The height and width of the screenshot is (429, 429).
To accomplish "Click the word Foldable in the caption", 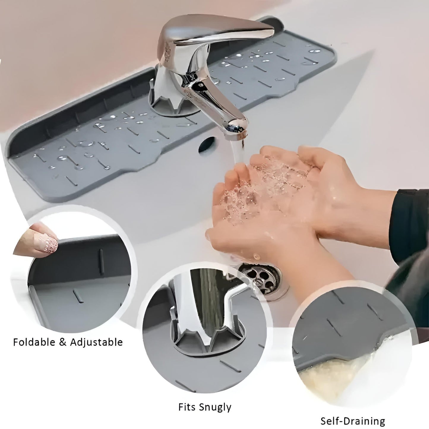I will [x=34, y=342].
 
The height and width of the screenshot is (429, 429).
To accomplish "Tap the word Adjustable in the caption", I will [x=96, y=342].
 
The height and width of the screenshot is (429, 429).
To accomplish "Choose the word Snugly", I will [x=216, y=407].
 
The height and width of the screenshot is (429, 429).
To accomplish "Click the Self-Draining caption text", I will [x=353, y=421].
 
